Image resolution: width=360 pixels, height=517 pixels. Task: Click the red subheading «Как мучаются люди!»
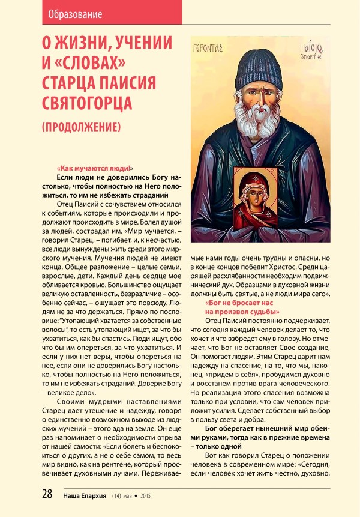(x=95, y=169)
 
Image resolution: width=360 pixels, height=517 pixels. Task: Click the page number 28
(x=47, y=495)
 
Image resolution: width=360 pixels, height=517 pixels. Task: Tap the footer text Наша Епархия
(x=84, y=496)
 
